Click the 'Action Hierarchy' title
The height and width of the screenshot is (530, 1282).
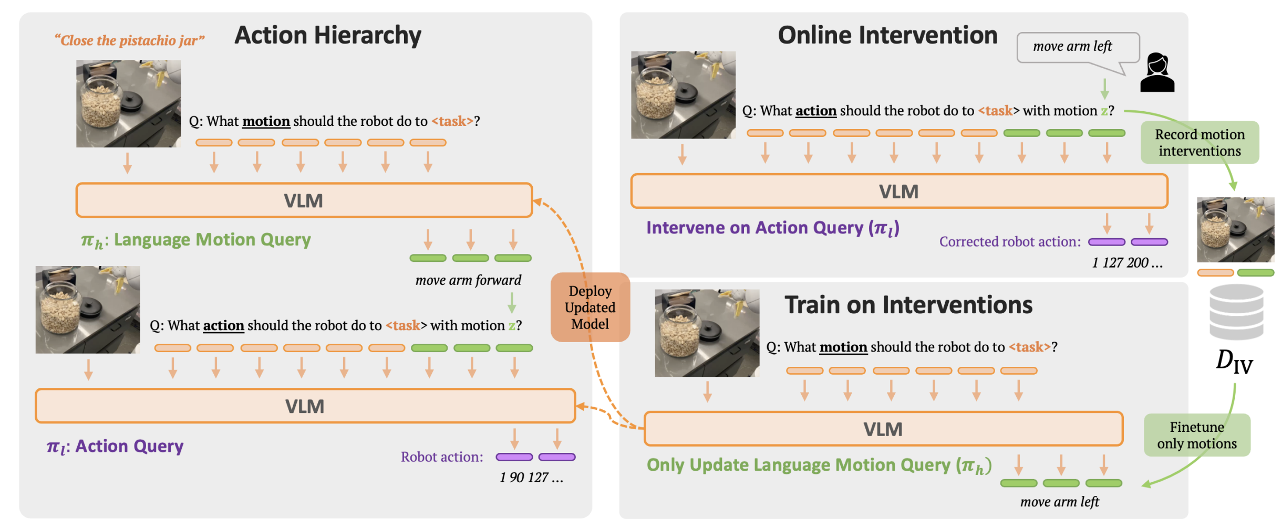pos(327,36)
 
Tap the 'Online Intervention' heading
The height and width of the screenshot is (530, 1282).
pos(887,36)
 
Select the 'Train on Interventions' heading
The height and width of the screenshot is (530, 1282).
pos(908,305)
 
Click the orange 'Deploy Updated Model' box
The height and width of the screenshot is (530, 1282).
pos(590,308)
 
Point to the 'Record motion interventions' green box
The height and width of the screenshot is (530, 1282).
pos(1199,143)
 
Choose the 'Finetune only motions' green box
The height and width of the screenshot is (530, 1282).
pos(1196,435)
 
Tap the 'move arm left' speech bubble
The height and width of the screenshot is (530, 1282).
pos(1077,47)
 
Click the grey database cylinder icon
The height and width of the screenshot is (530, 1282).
pos(1236,312)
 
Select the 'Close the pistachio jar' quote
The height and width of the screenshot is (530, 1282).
pos(130,40)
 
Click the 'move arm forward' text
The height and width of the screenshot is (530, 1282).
pos(468,280)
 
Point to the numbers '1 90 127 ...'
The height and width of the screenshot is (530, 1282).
pos(531,478)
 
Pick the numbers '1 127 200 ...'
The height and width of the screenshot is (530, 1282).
pos(1126,262)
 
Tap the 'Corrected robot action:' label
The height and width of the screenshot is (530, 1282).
pos(1009,242)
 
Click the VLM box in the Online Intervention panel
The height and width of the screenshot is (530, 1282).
pos(898,192)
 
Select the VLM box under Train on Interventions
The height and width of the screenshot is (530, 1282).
pos(883,429)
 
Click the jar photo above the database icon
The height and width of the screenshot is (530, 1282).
pos(1235,230)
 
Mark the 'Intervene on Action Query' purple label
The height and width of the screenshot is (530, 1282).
pos(772,228)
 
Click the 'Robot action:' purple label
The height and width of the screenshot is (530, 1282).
pos(441,457)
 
